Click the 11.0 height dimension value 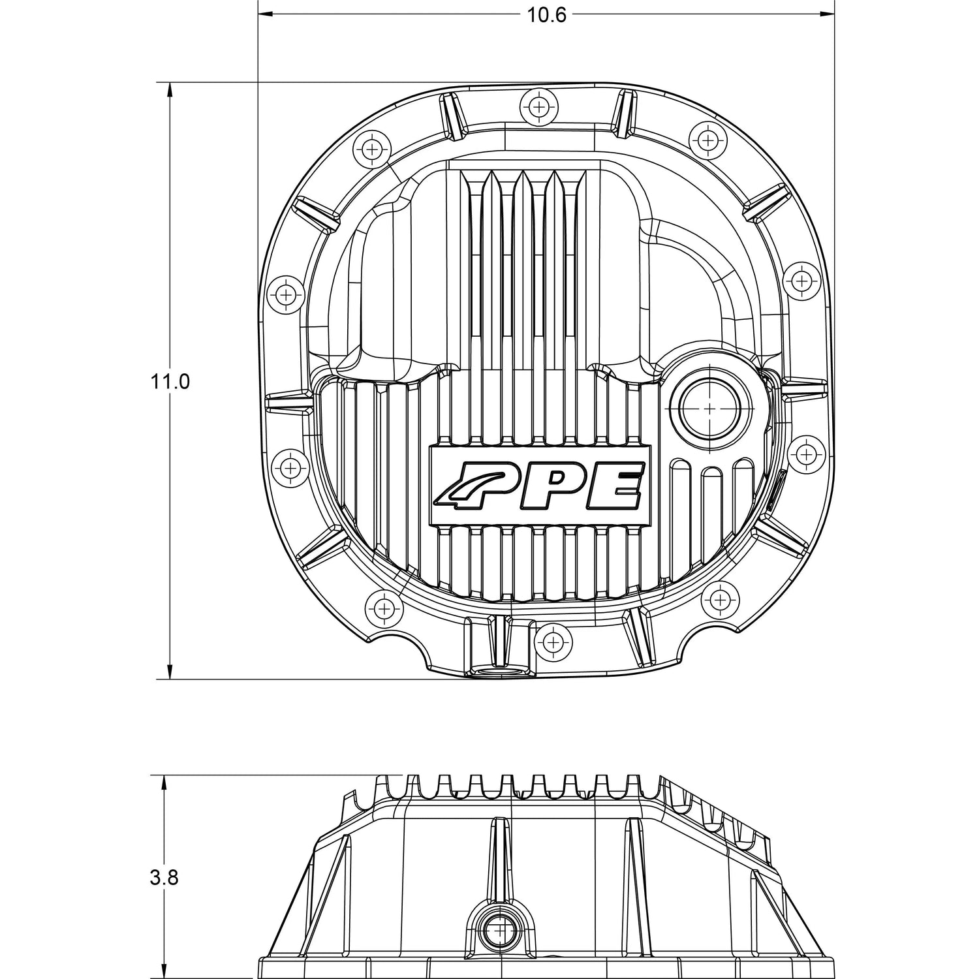tap(170, 381)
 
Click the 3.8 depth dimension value tap(164, 878)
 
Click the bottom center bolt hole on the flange tap(553, 642)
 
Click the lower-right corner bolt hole tap(719, 598)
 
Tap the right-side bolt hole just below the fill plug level tap(806, 454)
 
